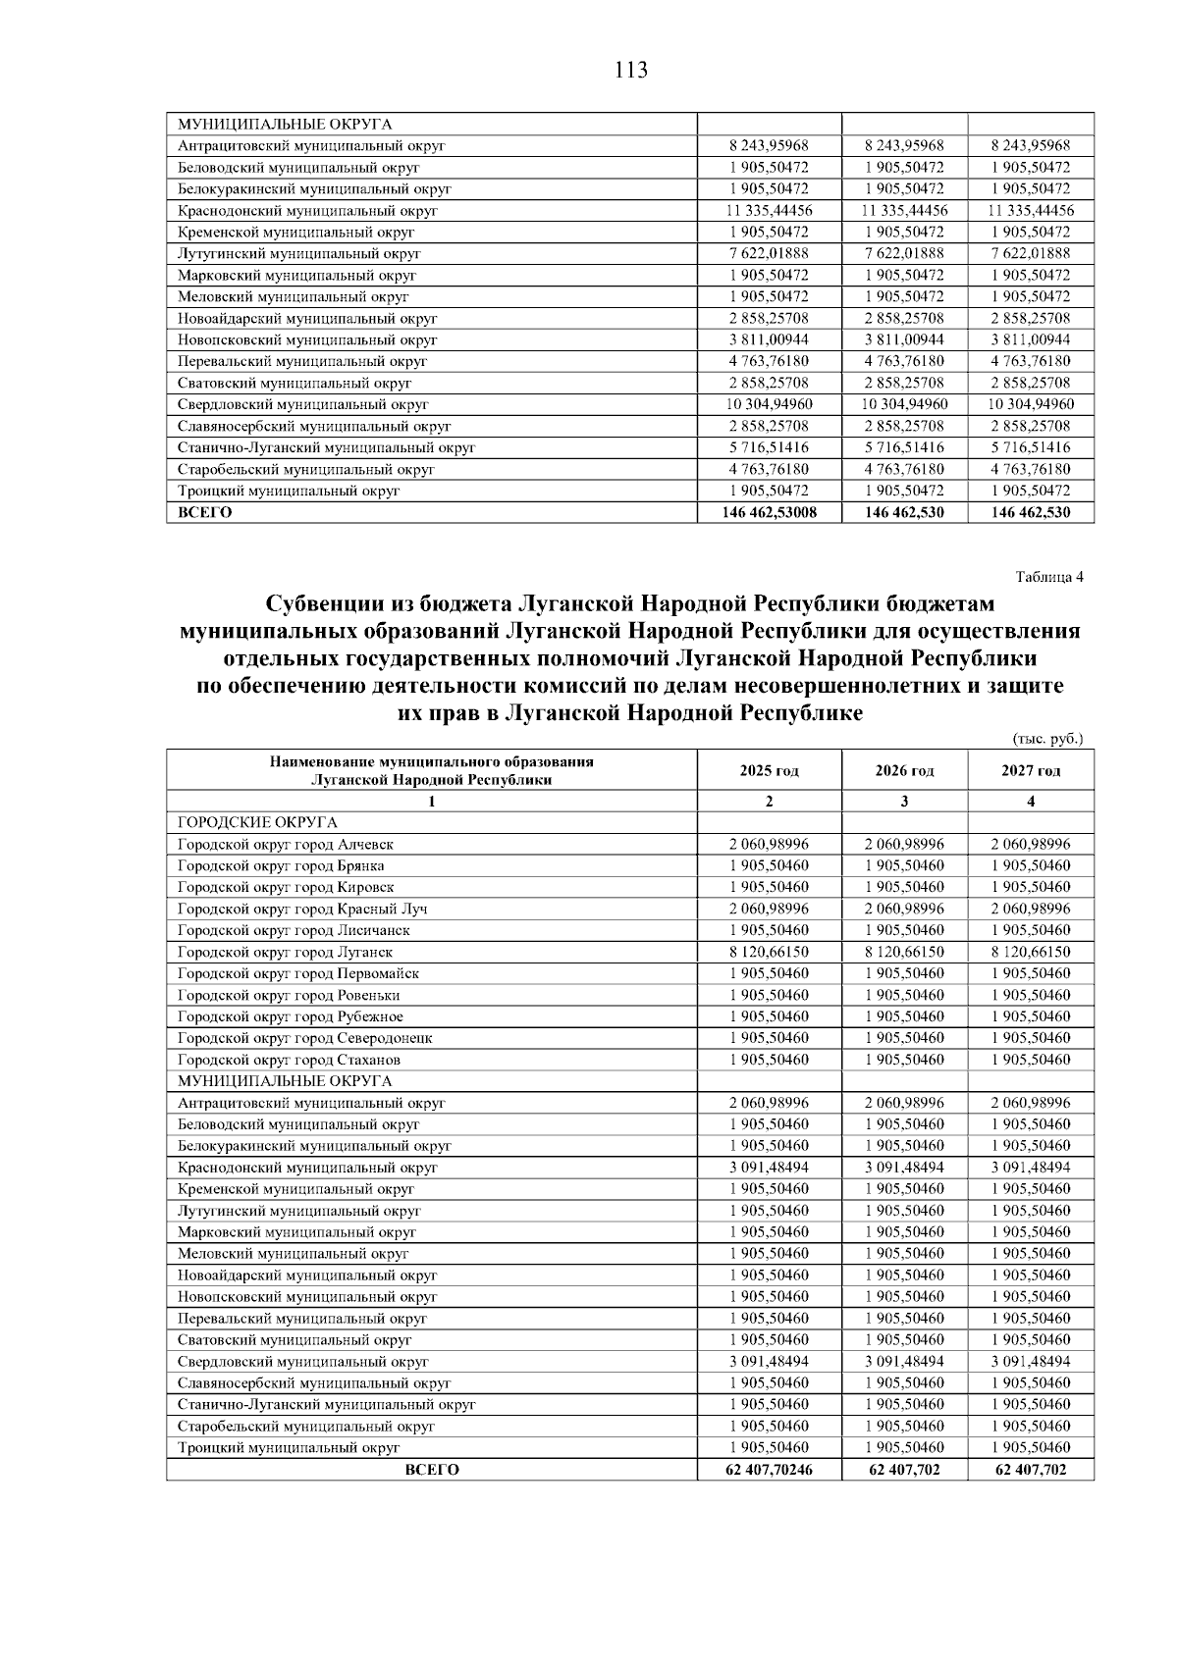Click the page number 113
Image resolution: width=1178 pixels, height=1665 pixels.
click(631, 71)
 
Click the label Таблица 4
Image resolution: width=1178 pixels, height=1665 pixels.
click(1048, 577)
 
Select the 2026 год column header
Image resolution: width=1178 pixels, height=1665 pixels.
click(904, 770)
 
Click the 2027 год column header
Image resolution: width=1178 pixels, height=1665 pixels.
click(1030, 770)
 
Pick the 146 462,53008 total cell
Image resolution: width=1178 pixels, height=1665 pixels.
click(769, 512)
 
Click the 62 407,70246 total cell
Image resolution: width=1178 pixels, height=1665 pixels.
click(769, 1470)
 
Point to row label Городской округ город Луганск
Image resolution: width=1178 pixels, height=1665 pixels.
click(285, 952)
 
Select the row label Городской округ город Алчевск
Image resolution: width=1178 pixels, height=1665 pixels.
click(286, 844)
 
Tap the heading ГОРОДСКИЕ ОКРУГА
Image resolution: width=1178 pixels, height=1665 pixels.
click(257, 822)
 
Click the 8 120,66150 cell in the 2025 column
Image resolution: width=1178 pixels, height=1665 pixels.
click(769, 952)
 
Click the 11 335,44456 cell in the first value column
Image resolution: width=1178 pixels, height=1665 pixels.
click(769, 210)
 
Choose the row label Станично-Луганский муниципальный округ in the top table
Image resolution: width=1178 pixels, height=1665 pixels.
click(326, 447)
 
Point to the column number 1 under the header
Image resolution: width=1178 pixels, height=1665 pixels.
click(431, 802)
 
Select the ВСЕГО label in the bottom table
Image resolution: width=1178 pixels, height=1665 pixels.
click(431, 1470)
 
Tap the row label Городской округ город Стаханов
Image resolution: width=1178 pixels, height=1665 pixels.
click(289, 1060)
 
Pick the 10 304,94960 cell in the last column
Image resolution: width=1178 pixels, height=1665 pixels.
click(1030, 404)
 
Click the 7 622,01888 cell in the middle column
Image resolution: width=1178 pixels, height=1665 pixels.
click(904, 253)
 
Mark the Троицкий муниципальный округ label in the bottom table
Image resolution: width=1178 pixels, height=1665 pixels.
click(289, 1448)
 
